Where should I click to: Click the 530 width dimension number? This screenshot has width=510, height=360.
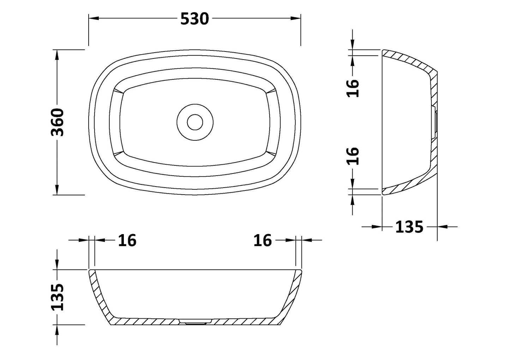(x=194, y=19)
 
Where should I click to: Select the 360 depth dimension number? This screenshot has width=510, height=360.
(x=58, y=122)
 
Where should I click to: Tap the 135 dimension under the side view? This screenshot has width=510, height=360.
(x=409, y=227)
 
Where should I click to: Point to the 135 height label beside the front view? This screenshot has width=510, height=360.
(x=58, y=297)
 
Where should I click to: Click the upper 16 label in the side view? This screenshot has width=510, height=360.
(x=353, y=88)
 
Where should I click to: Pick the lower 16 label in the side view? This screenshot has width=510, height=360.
(x=353, y=156)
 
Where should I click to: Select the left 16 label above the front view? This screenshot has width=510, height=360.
(x=127, y=240)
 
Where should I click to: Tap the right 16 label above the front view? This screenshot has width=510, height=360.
(x=263, y=240)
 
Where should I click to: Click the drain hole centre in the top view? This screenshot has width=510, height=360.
(x=195, y=122)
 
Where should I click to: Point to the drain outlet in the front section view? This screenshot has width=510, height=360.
(x=195, y=321)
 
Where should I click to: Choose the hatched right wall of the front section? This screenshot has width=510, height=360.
(x=293, y=293)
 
